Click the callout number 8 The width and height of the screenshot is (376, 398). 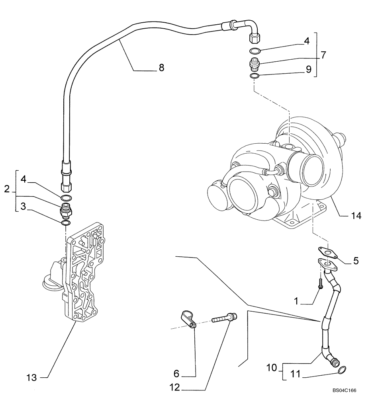pyautogui.click(x=161, y=68)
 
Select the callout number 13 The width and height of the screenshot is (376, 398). pyautogui.click(x=32, y=377)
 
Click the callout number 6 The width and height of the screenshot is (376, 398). pyautogui.click(x=176, y=374)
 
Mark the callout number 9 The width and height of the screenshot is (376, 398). pyautogui.click(x=308, y=69)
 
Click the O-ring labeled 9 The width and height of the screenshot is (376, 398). pyautogui.click(x=255, y=76)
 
